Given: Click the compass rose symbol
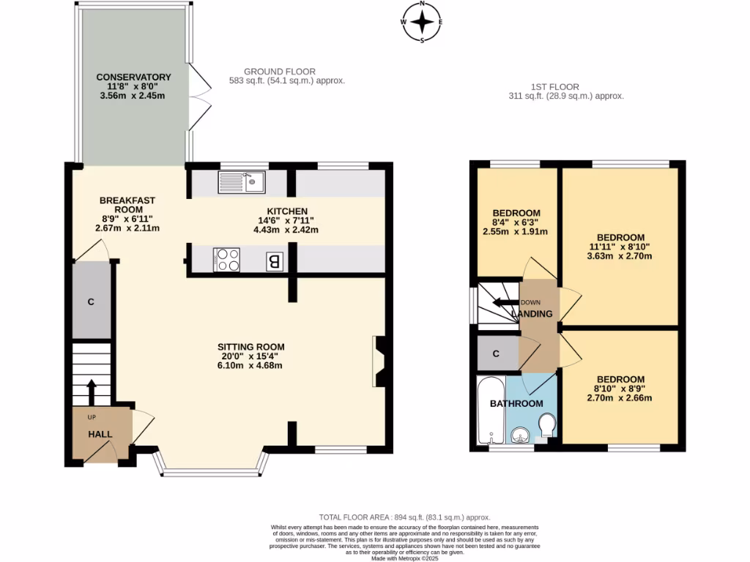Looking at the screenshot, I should (423, 21).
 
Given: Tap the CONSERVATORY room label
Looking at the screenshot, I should (133, 77).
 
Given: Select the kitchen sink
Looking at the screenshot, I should (241, 181).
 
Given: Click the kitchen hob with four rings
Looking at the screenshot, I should (226, 260).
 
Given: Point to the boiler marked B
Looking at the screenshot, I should (274, 261).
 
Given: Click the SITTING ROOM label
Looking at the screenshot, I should (250, 347).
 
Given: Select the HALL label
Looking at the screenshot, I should (100, 434).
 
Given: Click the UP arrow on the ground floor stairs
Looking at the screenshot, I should (92, 391).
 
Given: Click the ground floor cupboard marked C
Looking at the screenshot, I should (91, 301).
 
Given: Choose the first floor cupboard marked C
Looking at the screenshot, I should (496, 354).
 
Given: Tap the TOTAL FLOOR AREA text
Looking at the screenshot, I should (404, 517).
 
